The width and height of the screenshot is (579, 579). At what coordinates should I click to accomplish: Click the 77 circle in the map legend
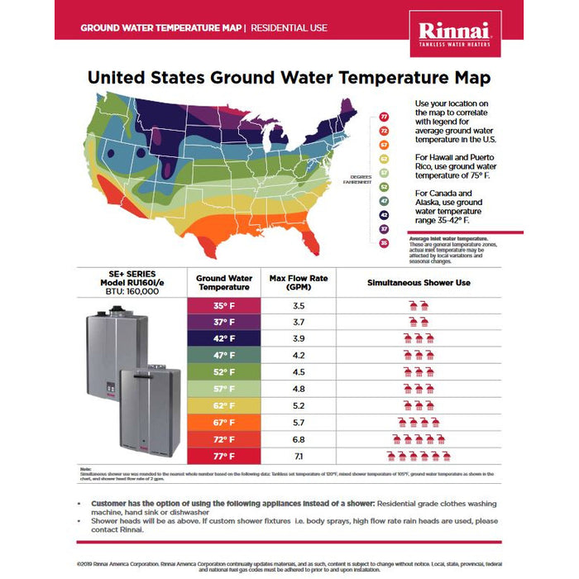pos(384,118)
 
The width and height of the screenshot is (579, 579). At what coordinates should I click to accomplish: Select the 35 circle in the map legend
pos(384,242)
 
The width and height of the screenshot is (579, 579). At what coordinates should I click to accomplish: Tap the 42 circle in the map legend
pos(384,214)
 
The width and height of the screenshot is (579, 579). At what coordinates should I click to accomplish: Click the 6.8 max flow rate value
pos(299,439)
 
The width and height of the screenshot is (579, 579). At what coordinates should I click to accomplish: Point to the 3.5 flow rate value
pos(299,305)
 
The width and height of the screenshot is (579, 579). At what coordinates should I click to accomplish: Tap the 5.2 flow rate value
pos(299,405)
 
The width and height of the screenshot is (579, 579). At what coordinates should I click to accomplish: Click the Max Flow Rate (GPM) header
pos(299,283)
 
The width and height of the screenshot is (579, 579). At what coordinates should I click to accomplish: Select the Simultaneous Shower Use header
pos(419,283)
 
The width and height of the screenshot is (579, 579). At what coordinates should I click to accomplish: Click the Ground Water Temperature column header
pos(224,283)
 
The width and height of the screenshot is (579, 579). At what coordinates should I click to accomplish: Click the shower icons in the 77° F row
pos(418,456)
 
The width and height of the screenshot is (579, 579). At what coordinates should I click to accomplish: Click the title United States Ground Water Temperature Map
pos(289,79)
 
